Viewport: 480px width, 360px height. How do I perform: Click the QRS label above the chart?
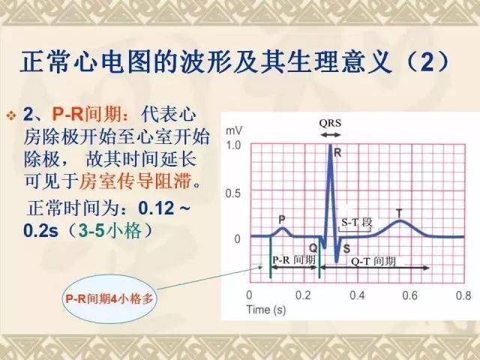(x=330, y=123)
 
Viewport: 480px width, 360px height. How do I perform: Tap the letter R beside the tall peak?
(x=337, y=152)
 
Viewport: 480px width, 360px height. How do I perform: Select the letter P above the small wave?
(x=282, y=220)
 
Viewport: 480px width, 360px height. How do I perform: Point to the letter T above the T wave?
(x=399, y=213)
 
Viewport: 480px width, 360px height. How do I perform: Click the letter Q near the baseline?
(x=313, y=247)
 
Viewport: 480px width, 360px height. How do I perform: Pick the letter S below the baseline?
(x=346, y=249)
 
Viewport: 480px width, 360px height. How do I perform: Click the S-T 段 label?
(x=357, y=223)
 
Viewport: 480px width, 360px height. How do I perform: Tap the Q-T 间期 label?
(x=373, y=262)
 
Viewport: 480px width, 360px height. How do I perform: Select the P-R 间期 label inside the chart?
(x=294, y=260)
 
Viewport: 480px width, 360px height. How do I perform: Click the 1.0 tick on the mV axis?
(x=233, y=145)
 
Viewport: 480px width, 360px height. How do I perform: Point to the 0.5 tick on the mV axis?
(x=233, y=193)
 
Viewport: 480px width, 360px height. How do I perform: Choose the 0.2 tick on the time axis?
(x=303, y=295)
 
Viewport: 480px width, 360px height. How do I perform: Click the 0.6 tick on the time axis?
(x=410, y=295)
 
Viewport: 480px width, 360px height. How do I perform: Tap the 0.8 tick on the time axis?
(x=463, y=295)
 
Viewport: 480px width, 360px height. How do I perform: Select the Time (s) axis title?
(x=266, y=310)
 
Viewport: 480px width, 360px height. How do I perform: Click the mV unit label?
(x=234, y=130)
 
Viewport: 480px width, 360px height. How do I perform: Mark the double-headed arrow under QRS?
(x=330, y=135)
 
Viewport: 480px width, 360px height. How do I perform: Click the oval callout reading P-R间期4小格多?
(x=109, y=298)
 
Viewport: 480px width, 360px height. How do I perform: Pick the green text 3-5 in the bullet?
(x=91, y=230)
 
